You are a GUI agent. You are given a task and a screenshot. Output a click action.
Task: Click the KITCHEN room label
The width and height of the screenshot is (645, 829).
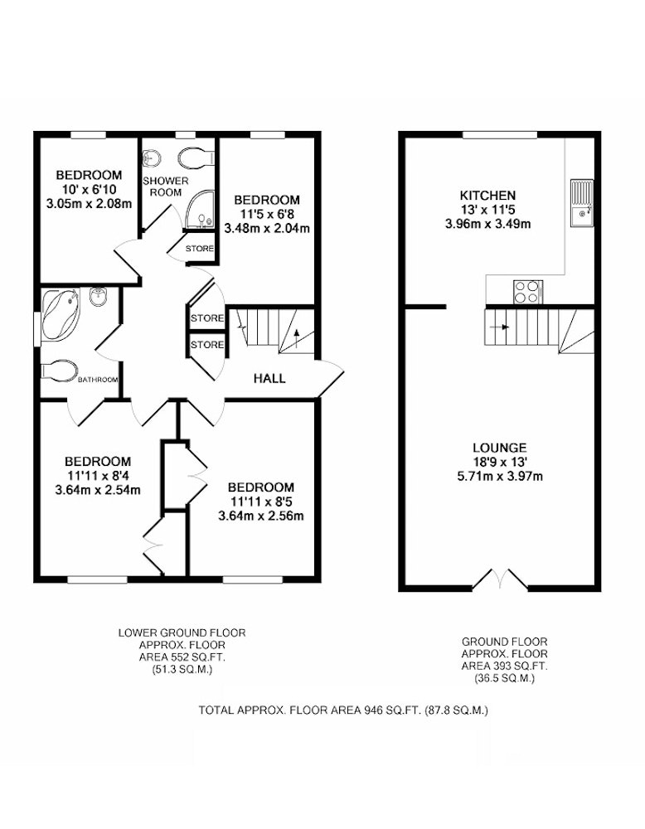pos(487,195)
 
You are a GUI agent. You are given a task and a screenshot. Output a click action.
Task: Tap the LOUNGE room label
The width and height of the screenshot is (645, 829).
pos(500,448)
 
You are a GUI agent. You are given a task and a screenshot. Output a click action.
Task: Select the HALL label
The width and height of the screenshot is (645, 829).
pos(269,378)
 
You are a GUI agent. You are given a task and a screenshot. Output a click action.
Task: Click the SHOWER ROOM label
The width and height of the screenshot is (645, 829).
pos(166,187)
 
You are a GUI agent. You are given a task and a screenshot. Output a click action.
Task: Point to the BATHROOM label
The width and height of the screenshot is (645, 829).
pos(98,380)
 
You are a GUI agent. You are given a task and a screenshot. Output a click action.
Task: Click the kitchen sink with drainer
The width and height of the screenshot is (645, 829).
pos(581,203)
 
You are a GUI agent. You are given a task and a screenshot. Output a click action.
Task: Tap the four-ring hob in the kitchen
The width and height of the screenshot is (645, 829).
pos(527,292)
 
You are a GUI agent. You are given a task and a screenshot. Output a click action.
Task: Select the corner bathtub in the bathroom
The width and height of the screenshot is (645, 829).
pos(61,314)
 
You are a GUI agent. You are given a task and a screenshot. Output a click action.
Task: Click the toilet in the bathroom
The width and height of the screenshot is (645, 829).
pos(59,371)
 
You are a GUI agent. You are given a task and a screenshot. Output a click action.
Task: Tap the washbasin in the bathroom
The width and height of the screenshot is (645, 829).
pos(99,298)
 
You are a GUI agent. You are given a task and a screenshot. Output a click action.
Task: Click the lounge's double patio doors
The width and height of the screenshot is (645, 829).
pos(500,579)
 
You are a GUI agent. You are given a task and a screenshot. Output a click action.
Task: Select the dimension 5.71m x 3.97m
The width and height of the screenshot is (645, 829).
pos(500,477)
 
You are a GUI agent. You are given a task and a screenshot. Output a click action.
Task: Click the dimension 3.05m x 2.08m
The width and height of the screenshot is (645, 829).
pos(89,204)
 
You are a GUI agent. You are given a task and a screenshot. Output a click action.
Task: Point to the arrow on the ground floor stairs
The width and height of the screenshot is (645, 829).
pos(499,327)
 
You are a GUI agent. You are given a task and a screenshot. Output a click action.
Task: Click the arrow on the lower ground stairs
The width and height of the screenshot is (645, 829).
pos(296,338)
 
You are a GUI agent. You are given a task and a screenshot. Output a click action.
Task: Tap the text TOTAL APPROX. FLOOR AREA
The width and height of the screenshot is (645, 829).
pos(279,710)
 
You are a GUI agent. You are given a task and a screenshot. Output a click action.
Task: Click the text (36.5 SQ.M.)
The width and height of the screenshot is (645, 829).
pos(504,678)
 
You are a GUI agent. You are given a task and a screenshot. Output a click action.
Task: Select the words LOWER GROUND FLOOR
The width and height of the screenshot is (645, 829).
pos(182,633)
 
